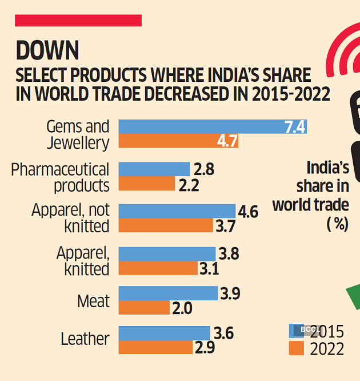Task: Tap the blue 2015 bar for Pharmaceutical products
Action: tap(154, 169)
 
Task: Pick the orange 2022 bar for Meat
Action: tap(144, 308)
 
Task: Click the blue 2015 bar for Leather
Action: tap(164, 333)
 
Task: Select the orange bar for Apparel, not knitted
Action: tap(165, 225)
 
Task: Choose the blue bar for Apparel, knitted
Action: tap(167, 254)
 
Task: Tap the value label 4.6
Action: tap(248, 212)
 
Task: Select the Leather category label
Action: tap(85, 339)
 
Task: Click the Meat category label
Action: tap(93, 301)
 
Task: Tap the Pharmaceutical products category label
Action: tap(61, 177)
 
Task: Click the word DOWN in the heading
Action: tap(47, 51)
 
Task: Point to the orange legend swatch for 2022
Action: tap(296, 348)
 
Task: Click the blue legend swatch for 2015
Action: tap(296, 330)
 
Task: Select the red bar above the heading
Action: tap(78, 21)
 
